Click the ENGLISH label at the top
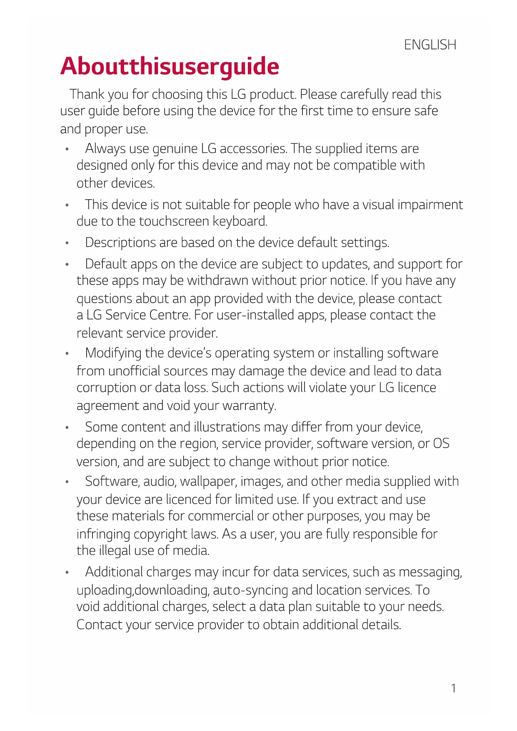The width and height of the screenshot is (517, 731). pos(430,45)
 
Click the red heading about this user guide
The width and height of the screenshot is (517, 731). pos(170,67)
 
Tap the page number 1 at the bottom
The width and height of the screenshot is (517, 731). pos(453,688)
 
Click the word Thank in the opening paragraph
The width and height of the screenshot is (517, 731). pos(87,94)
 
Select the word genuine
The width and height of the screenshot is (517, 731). pos(175,148)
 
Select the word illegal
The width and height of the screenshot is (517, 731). pos(115,551)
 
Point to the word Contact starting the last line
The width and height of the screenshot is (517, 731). pos(99,625)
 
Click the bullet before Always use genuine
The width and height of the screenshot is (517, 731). pos(67,149)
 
